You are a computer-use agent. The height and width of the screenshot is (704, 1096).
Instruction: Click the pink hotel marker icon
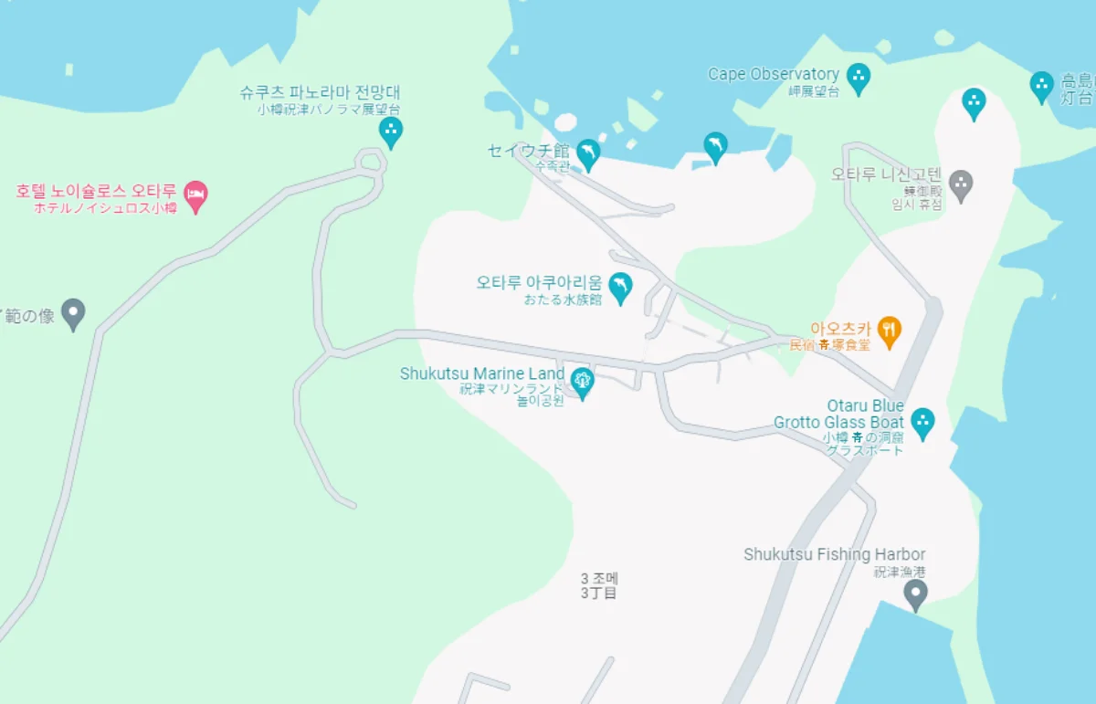195,194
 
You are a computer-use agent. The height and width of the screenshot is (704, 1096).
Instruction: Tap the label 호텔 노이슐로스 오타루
96,192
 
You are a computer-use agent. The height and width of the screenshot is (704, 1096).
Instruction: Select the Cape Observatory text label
774,75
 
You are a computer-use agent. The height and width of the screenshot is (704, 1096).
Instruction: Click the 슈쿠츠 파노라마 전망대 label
320,93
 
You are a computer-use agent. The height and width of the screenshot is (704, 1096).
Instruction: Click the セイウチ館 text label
529,151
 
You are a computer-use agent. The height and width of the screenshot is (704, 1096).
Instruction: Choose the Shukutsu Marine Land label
482,374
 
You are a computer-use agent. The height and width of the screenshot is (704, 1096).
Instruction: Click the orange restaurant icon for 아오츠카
889,329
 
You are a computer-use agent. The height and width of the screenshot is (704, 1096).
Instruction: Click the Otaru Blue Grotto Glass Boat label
839,414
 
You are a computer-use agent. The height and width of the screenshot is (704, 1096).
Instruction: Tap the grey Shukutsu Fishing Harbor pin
914,594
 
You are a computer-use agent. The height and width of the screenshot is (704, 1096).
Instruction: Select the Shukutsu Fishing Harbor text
834,554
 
